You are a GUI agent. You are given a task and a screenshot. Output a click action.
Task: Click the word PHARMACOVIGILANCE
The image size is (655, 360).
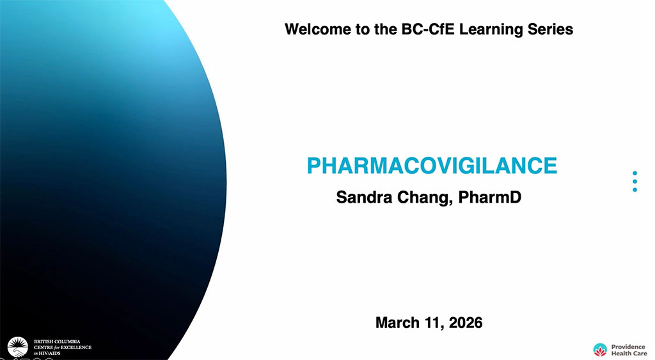432,166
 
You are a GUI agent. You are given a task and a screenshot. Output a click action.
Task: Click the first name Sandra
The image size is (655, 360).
364,197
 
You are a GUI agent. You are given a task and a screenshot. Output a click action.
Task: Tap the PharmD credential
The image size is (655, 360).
490,197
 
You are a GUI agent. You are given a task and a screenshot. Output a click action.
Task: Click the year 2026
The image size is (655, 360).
466,323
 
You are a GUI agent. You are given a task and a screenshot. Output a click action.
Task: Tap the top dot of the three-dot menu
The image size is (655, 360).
635,173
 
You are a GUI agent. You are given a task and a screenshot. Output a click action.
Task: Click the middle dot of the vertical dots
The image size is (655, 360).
635,181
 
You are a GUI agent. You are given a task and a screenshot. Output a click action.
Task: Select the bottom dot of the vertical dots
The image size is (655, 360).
635,190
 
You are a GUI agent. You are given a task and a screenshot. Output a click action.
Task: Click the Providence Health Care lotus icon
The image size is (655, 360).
600,350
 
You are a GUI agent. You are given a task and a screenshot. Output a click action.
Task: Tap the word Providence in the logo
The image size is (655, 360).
628,347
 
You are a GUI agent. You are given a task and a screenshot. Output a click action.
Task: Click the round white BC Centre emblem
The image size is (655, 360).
18,347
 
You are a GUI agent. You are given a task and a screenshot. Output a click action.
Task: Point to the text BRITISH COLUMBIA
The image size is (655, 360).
57,341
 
